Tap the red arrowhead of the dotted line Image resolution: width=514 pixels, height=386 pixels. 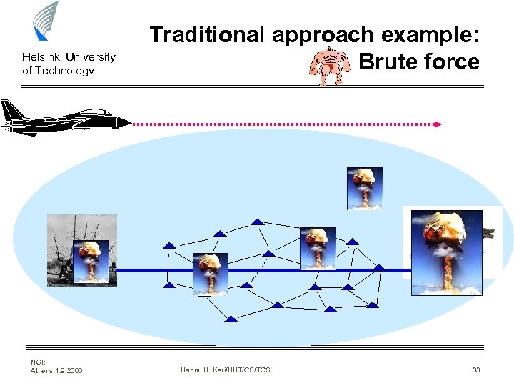click(438, 124)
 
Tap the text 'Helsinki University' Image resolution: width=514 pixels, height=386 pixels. click(69, 57)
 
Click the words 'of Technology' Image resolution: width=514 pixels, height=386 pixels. click(58, 71)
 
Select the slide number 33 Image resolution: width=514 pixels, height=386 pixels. click(476, 370)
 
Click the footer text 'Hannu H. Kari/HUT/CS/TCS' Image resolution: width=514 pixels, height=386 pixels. click(226, 370)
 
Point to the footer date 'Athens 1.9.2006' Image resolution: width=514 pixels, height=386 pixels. click(56, 370)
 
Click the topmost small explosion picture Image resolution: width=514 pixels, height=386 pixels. click(365, 188)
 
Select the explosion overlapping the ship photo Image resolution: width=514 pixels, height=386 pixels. click(91, 262)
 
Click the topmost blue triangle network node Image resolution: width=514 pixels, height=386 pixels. click(257, 221)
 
